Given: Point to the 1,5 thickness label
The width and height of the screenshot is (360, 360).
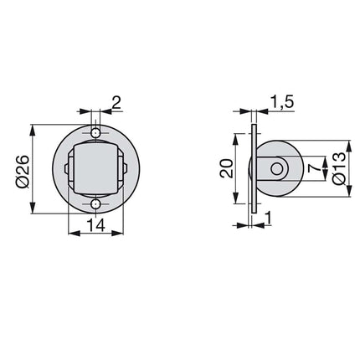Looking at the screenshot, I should tap(281, 102).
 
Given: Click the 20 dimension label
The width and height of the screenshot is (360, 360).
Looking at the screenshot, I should tap(226, 169).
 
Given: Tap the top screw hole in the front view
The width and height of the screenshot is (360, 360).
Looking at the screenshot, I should tap(96, 134).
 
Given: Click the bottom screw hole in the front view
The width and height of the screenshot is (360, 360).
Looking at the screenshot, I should tap(96, 204).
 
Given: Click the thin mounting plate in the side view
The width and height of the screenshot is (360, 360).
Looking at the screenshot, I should tap(252, 169).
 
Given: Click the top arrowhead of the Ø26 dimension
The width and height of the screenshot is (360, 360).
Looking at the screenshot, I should tap(32, 129).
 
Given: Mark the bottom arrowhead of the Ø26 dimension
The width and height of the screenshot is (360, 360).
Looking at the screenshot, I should tap(32, 210).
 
